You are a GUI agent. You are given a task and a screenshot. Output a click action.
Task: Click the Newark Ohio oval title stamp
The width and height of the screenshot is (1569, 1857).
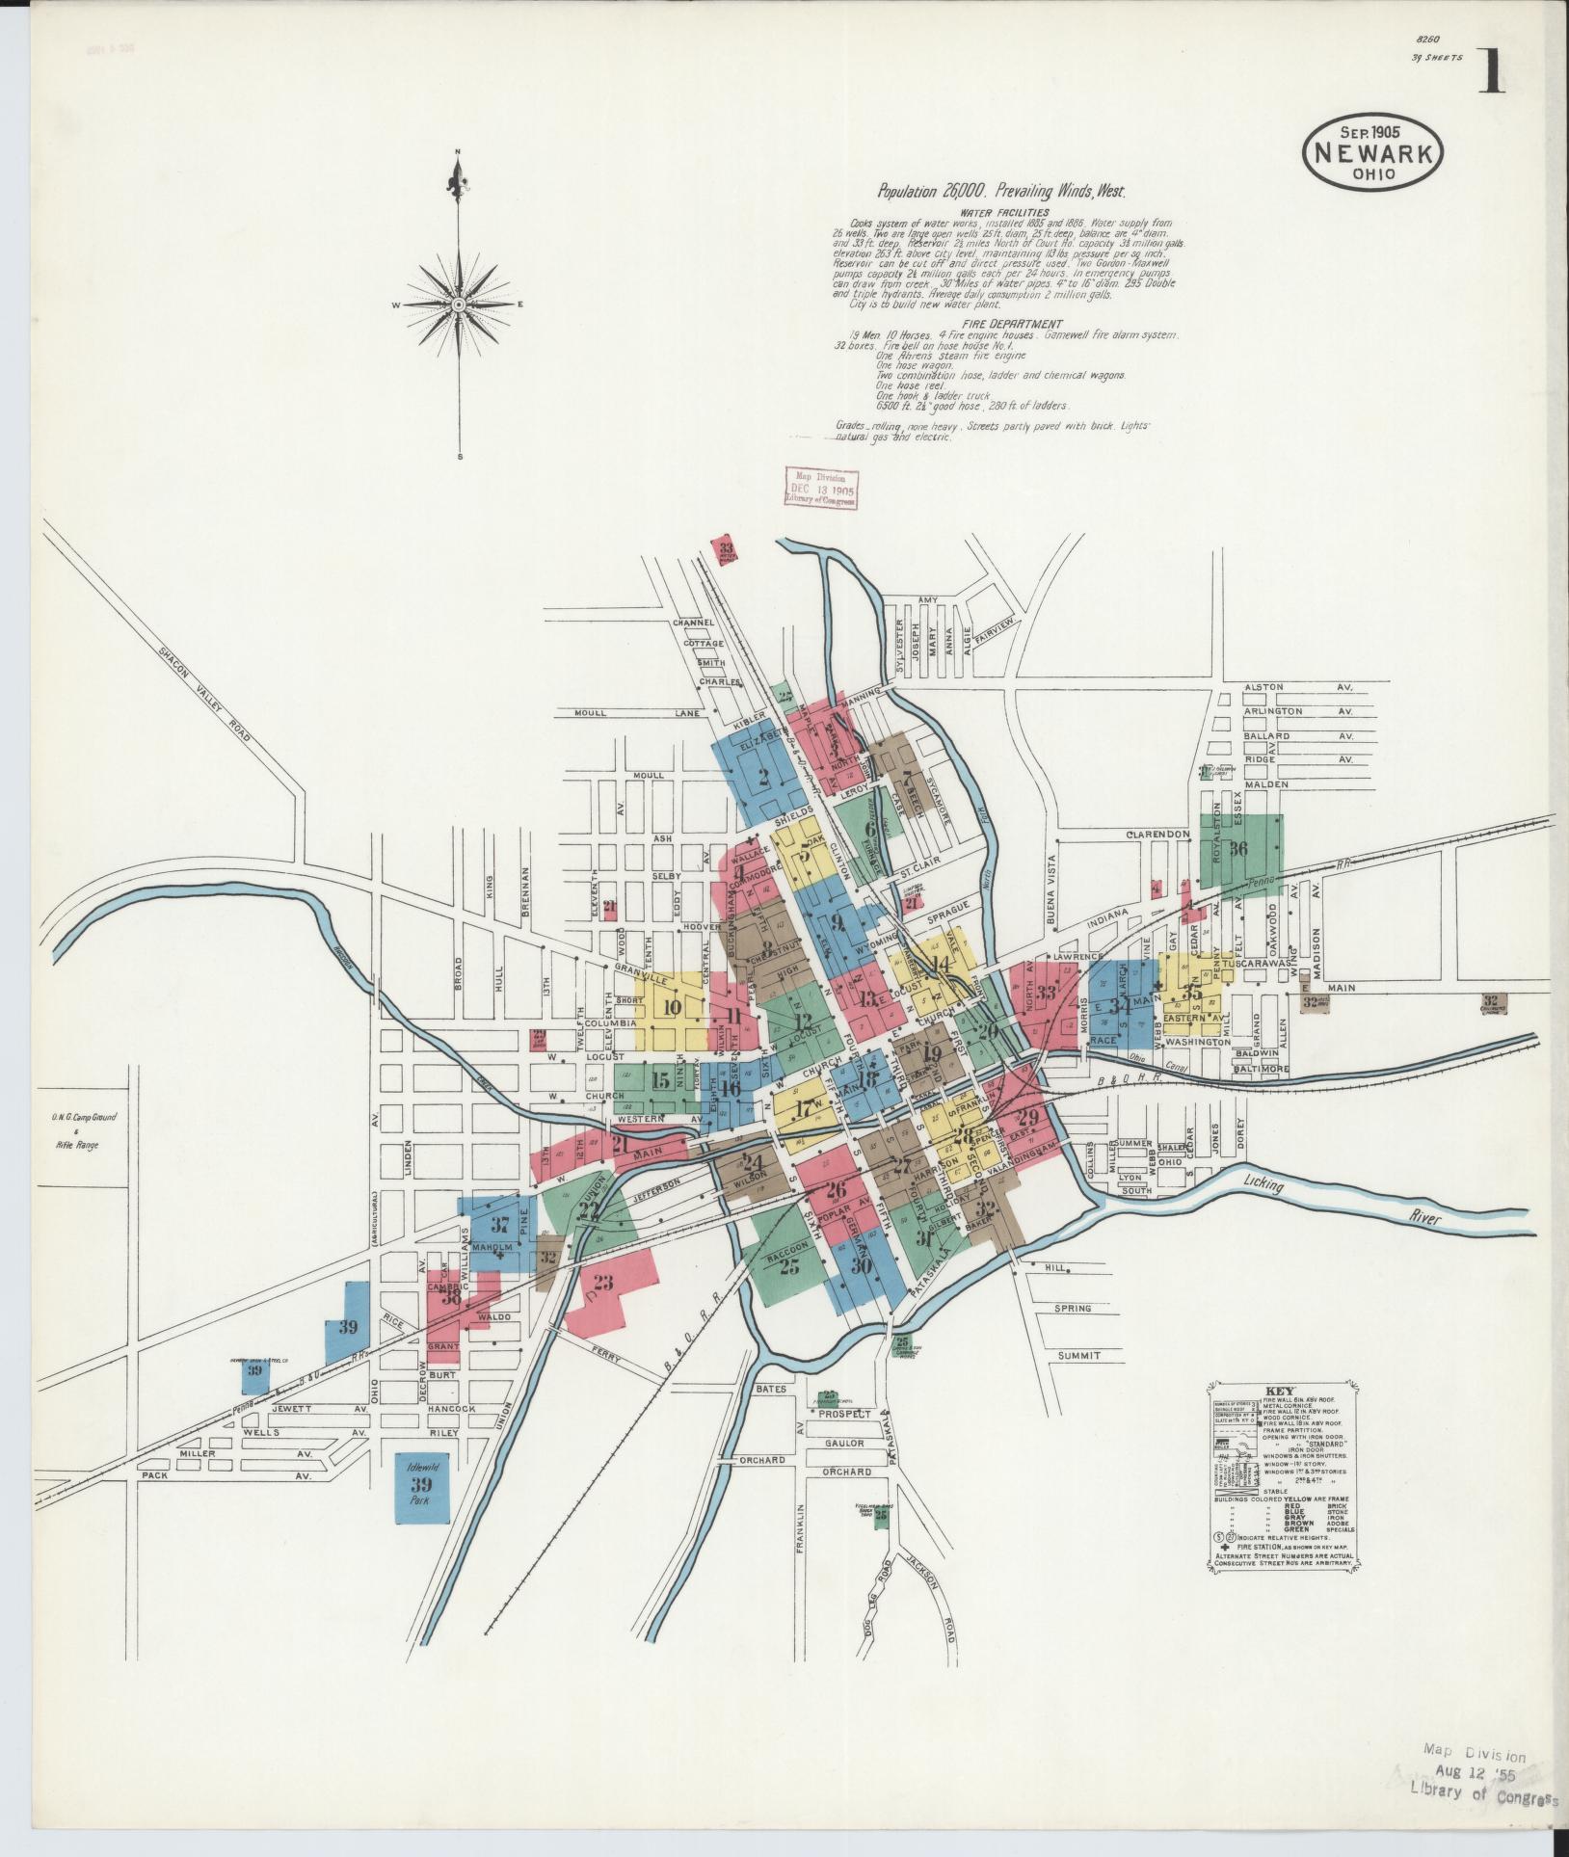click(x=1372, y=152)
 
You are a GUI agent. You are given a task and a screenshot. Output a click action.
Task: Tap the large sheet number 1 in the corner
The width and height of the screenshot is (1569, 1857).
click(x=1491, y=71)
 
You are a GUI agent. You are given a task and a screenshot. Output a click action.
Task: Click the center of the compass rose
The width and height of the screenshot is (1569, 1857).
click(x=460, y=305)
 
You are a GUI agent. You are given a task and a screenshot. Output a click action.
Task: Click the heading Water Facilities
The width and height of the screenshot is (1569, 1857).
click(x=1004, y=212)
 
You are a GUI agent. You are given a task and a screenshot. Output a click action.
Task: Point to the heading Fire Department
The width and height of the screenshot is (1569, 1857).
click(x=1004, y=324)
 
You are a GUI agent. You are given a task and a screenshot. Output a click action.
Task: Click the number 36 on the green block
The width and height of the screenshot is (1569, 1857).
click(x=1238, y=849)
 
